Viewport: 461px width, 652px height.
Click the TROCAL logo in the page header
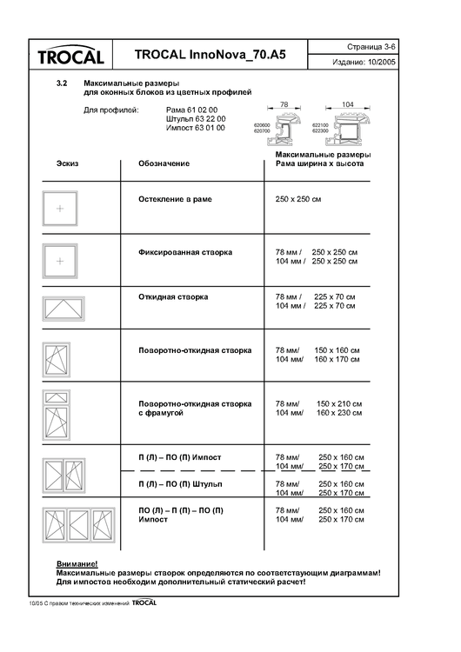tap(71, 56)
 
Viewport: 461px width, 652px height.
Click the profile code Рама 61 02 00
tap(195, 110)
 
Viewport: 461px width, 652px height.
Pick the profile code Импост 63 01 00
tap(195, 128)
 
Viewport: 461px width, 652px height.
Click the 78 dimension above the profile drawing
tap(283, 103)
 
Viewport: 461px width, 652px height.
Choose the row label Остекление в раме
tap(175, 199)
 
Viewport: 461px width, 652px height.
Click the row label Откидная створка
tap(173, 296)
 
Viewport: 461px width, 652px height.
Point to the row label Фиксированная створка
tap(185, 252)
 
